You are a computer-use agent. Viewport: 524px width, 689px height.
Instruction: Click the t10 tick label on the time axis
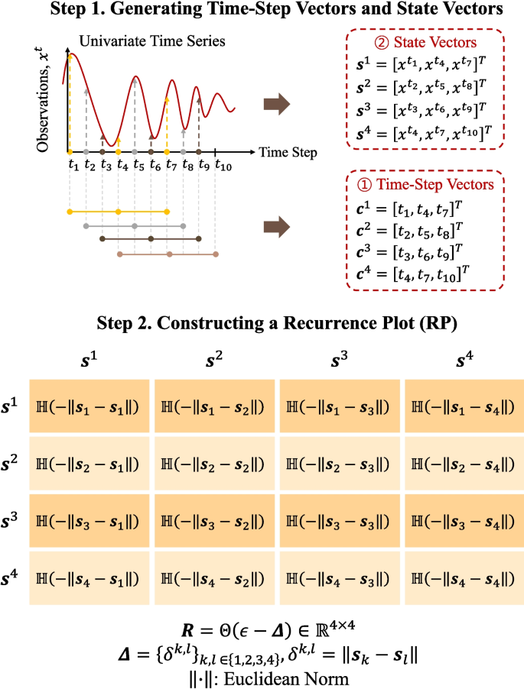[x=223, y=165]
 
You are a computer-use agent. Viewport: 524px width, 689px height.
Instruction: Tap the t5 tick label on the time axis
[x=138, y=165]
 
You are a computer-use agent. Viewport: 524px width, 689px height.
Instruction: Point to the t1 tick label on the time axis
[x=73, y=165]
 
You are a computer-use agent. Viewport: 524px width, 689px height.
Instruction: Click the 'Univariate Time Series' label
[x=138, y=42]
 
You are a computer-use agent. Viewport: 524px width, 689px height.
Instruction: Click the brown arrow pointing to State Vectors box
[x=277, y=103]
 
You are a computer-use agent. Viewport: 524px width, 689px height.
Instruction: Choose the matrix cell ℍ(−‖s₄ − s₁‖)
[x=89, y=579]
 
